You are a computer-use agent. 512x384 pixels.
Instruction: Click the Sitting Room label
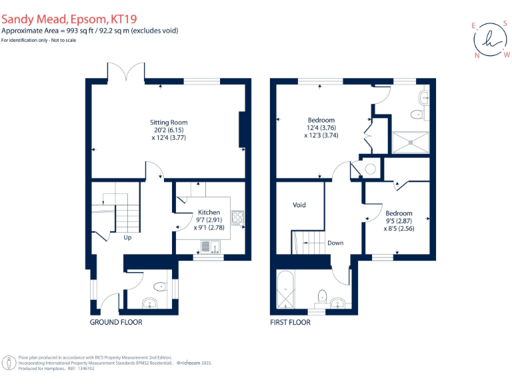point(169,123)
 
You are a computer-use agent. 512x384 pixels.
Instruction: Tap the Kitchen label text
point(209,213)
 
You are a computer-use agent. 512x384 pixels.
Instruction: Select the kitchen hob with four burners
point(237,217)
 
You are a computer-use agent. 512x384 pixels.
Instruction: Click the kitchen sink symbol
point(207,247)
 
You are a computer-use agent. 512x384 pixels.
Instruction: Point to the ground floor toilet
point(160,287)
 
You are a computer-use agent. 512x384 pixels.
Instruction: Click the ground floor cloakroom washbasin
point(149,303)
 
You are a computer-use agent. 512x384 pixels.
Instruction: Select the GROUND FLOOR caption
point(116,322)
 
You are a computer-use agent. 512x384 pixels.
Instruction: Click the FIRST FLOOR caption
point(290,322)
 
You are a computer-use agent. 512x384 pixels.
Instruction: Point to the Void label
point(299,205)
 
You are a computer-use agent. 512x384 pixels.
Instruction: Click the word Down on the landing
point(335,243)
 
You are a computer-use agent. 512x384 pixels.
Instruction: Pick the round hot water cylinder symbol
point(371,169)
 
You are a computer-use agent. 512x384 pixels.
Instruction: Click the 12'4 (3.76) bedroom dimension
point(321,128)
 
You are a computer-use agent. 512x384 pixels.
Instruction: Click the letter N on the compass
point(477,55)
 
